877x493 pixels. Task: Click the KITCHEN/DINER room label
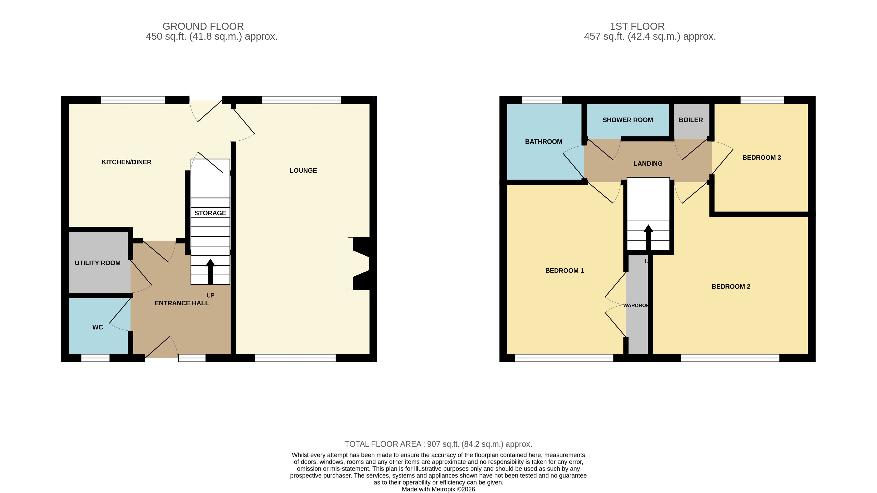(126, 162)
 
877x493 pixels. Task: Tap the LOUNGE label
(303, 170)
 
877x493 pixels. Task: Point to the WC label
(98, 327)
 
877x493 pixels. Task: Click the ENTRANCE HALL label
(182, 303)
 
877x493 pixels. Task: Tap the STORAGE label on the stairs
(210, 213)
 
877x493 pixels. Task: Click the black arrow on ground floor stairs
(210, 272)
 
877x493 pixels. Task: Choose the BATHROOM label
(543, 141)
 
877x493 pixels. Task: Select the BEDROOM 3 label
(761, 157)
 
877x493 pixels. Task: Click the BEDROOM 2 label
(731, 286)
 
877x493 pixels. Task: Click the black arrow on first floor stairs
(648, 237)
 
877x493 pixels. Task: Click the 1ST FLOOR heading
(637, 26)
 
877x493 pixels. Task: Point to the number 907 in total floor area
(434, 444)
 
